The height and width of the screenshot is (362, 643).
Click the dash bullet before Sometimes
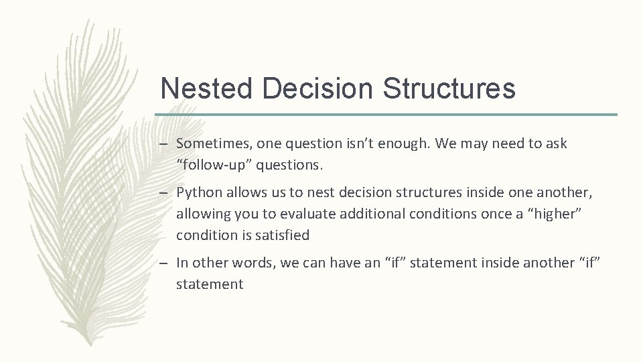165,144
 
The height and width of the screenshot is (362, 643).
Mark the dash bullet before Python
165,193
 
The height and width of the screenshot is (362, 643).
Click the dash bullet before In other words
165,263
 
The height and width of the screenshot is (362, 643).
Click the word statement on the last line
210,284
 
